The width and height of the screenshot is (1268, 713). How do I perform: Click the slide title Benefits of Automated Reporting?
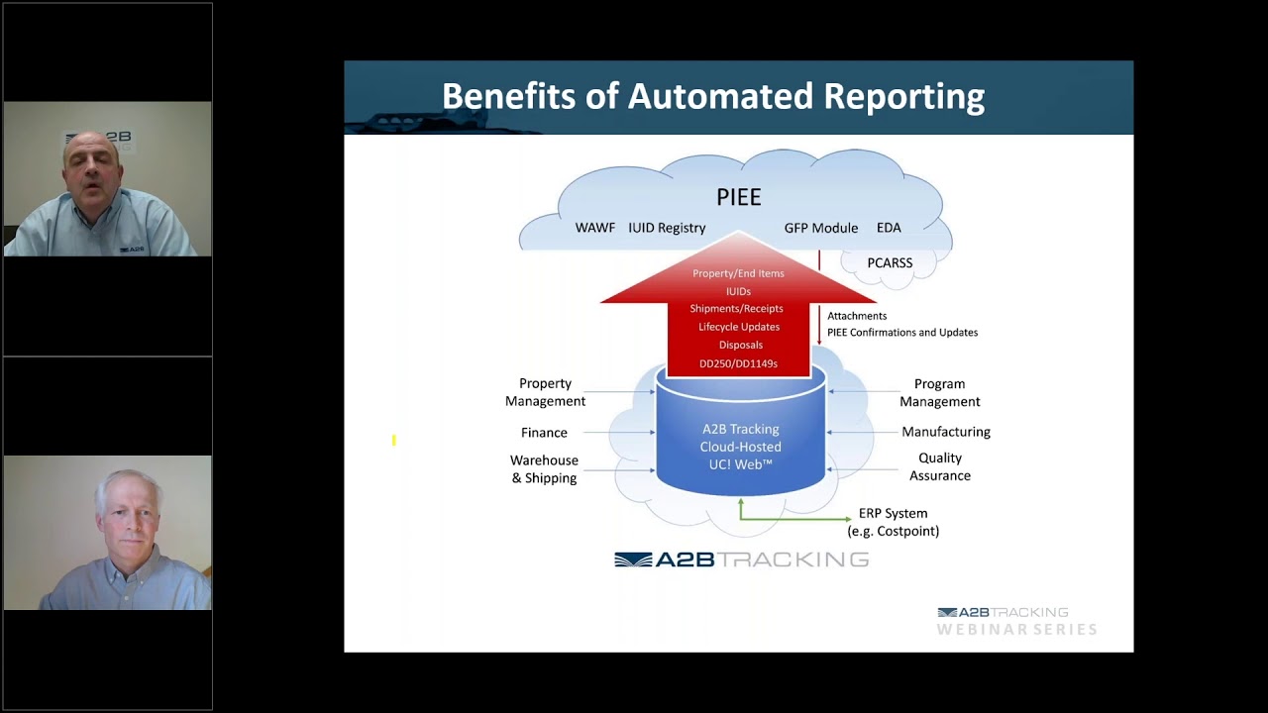click(712, 97)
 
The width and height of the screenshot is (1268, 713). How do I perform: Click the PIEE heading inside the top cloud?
click(738, 197)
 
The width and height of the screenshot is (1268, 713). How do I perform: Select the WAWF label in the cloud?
click(594, 228)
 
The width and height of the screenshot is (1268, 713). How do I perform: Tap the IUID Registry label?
click(667, 228)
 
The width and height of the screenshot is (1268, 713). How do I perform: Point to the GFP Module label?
click(820, 228)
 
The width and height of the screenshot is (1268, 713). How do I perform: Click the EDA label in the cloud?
click(889, 228)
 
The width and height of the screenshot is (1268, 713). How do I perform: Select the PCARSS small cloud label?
click(890, 263)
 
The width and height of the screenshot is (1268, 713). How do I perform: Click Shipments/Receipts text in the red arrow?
click(738, 309)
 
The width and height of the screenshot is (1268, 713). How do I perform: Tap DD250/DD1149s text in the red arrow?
click(738, 363)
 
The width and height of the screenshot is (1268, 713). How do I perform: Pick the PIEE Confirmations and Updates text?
click(901, 333)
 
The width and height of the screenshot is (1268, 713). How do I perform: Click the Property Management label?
click(545, 392)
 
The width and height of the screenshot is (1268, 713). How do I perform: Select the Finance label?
click(544, 433)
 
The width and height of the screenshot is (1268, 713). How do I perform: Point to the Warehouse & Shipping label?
click(544, 469)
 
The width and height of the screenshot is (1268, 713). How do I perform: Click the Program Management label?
click(939, 392)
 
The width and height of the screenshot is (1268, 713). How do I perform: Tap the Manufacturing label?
click(945, 432)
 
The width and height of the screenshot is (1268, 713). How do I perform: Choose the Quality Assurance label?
click(939, 466)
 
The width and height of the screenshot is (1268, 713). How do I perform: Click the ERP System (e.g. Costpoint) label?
click(893, 522)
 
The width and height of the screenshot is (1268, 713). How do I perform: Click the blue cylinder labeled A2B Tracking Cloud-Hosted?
click(740, 446)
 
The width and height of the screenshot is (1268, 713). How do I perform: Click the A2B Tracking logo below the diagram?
click(741, 560)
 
